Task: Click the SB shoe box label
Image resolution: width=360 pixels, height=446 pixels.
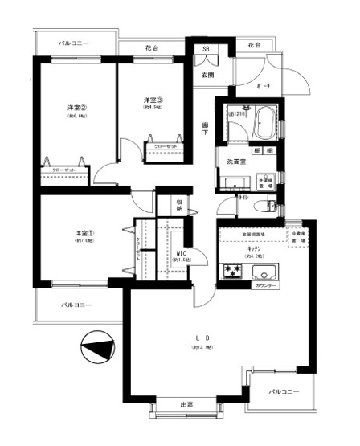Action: (x=206, y=49)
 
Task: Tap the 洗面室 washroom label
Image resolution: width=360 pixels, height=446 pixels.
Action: (x=235, y=162)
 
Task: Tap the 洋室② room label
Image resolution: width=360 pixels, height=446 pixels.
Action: (x=76, y=108)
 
